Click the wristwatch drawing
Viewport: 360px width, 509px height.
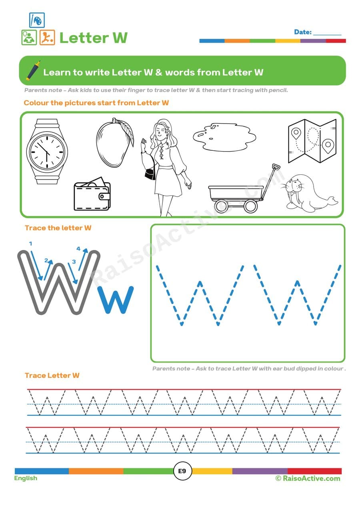click(x=47, y=152)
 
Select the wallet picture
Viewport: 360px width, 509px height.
click(x=92, y=195)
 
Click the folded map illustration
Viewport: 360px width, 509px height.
click(x=312, y=141)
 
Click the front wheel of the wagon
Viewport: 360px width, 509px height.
click(x=250, y=206)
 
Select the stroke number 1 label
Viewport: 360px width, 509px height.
click(x=30, y=244)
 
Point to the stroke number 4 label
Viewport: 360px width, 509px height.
click(x=78, y=249)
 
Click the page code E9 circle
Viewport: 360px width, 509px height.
click(x=182, y=471)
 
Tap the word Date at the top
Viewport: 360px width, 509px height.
click(x=303, y=32)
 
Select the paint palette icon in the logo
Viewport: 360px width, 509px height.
click(x=37, y=20)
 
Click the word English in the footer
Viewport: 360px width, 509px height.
click(x=26, y=478)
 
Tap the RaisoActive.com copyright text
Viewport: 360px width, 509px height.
click(x=308, y=478)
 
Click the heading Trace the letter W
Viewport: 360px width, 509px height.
click(x=58, y=228)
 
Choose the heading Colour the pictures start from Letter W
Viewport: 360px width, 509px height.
click(x=96, y=103)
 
